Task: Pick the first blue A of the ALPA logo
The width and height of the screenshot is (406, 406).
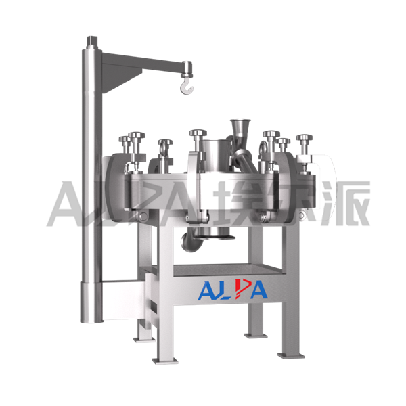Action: click(207, 291)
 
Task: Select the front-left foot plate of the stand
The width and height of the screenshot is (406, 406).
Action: click(166, 360)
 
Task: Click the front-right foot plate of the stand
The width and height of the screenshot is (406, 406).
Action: click(290, 355)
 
